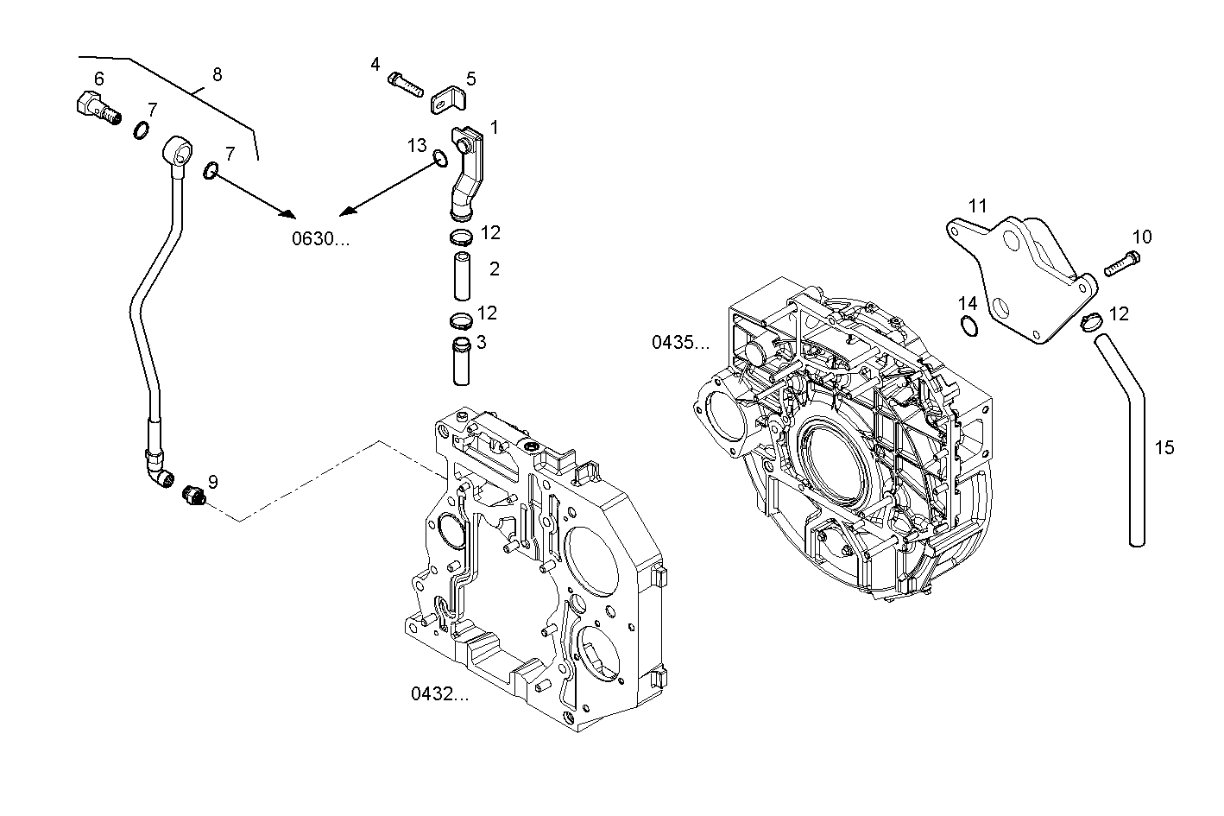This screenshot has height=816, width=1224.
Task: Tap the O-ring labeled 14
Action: click(968, 326)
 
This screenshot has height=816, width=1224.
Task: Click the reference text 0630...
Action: click(320, 239)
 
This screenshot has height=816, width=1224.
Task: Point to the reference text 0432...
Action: click(439, 693)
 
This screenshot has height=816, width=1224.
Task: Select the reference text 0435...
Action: click(680, 343)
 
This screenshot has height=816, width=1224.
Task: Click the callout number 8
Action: click(217, 74)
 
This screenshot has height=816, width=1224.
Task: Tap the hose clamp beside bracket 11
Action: click(1090, 322)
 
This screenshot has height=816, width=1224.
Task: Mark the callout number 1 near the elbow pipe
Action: click(494, 128)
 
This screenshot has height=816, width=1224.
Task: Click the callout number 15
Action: click(1164, 447)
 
